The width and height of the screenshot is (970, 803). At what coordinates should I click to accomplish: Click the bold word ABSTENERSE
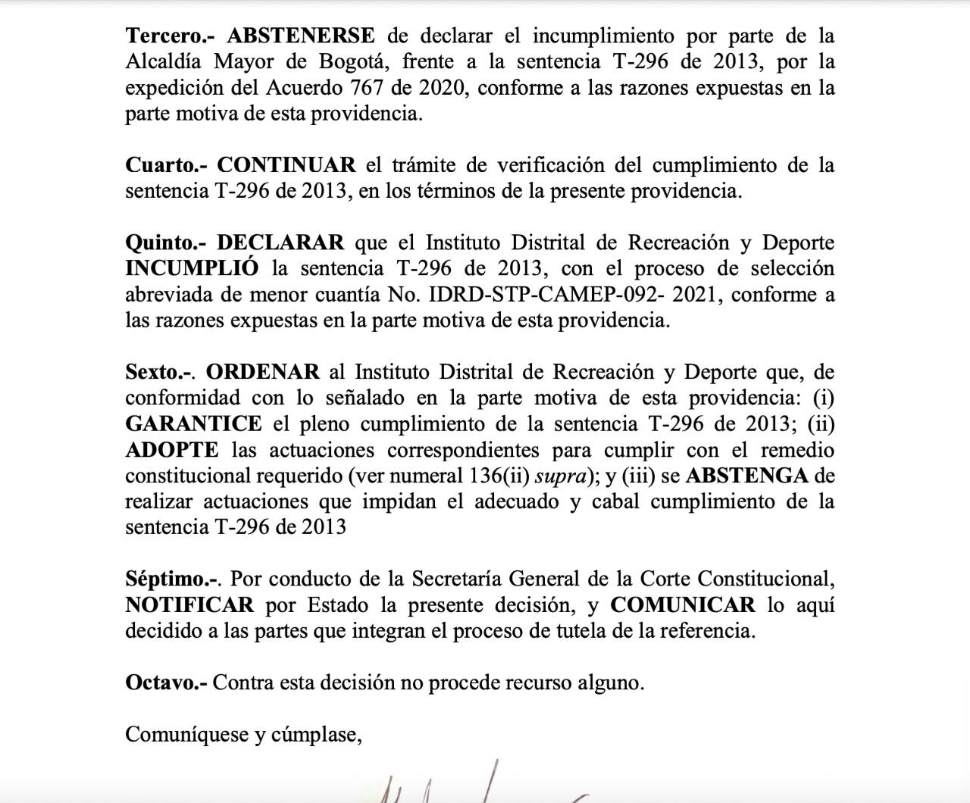[x=301, y=36]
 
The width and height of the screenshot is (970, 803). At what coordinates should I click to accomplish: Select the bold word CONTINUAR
[x=286, y=165]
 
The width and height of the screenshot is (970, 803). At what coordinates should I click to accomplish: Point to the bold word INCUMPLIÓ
[x=192, y=269]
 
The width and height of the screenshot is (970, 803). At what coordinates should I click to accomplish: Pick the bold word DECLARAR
[x=280, y=243]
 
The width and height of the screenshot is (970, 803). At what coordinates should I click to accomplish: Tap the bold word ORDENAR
[x=262, y=372]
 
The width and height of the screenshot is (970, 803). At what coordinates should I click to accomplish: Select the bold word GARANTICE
[x=193, y=423]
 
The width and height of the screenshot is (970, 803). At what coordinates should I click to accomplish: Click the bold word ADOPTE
[x=172, y=450]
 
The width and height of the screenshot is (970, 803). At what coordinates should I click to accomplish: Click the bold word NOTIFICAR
[x=189, y=605]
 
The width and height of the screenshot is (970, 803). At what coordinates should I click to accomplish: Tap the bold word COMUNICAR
[x=683, y=605]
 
